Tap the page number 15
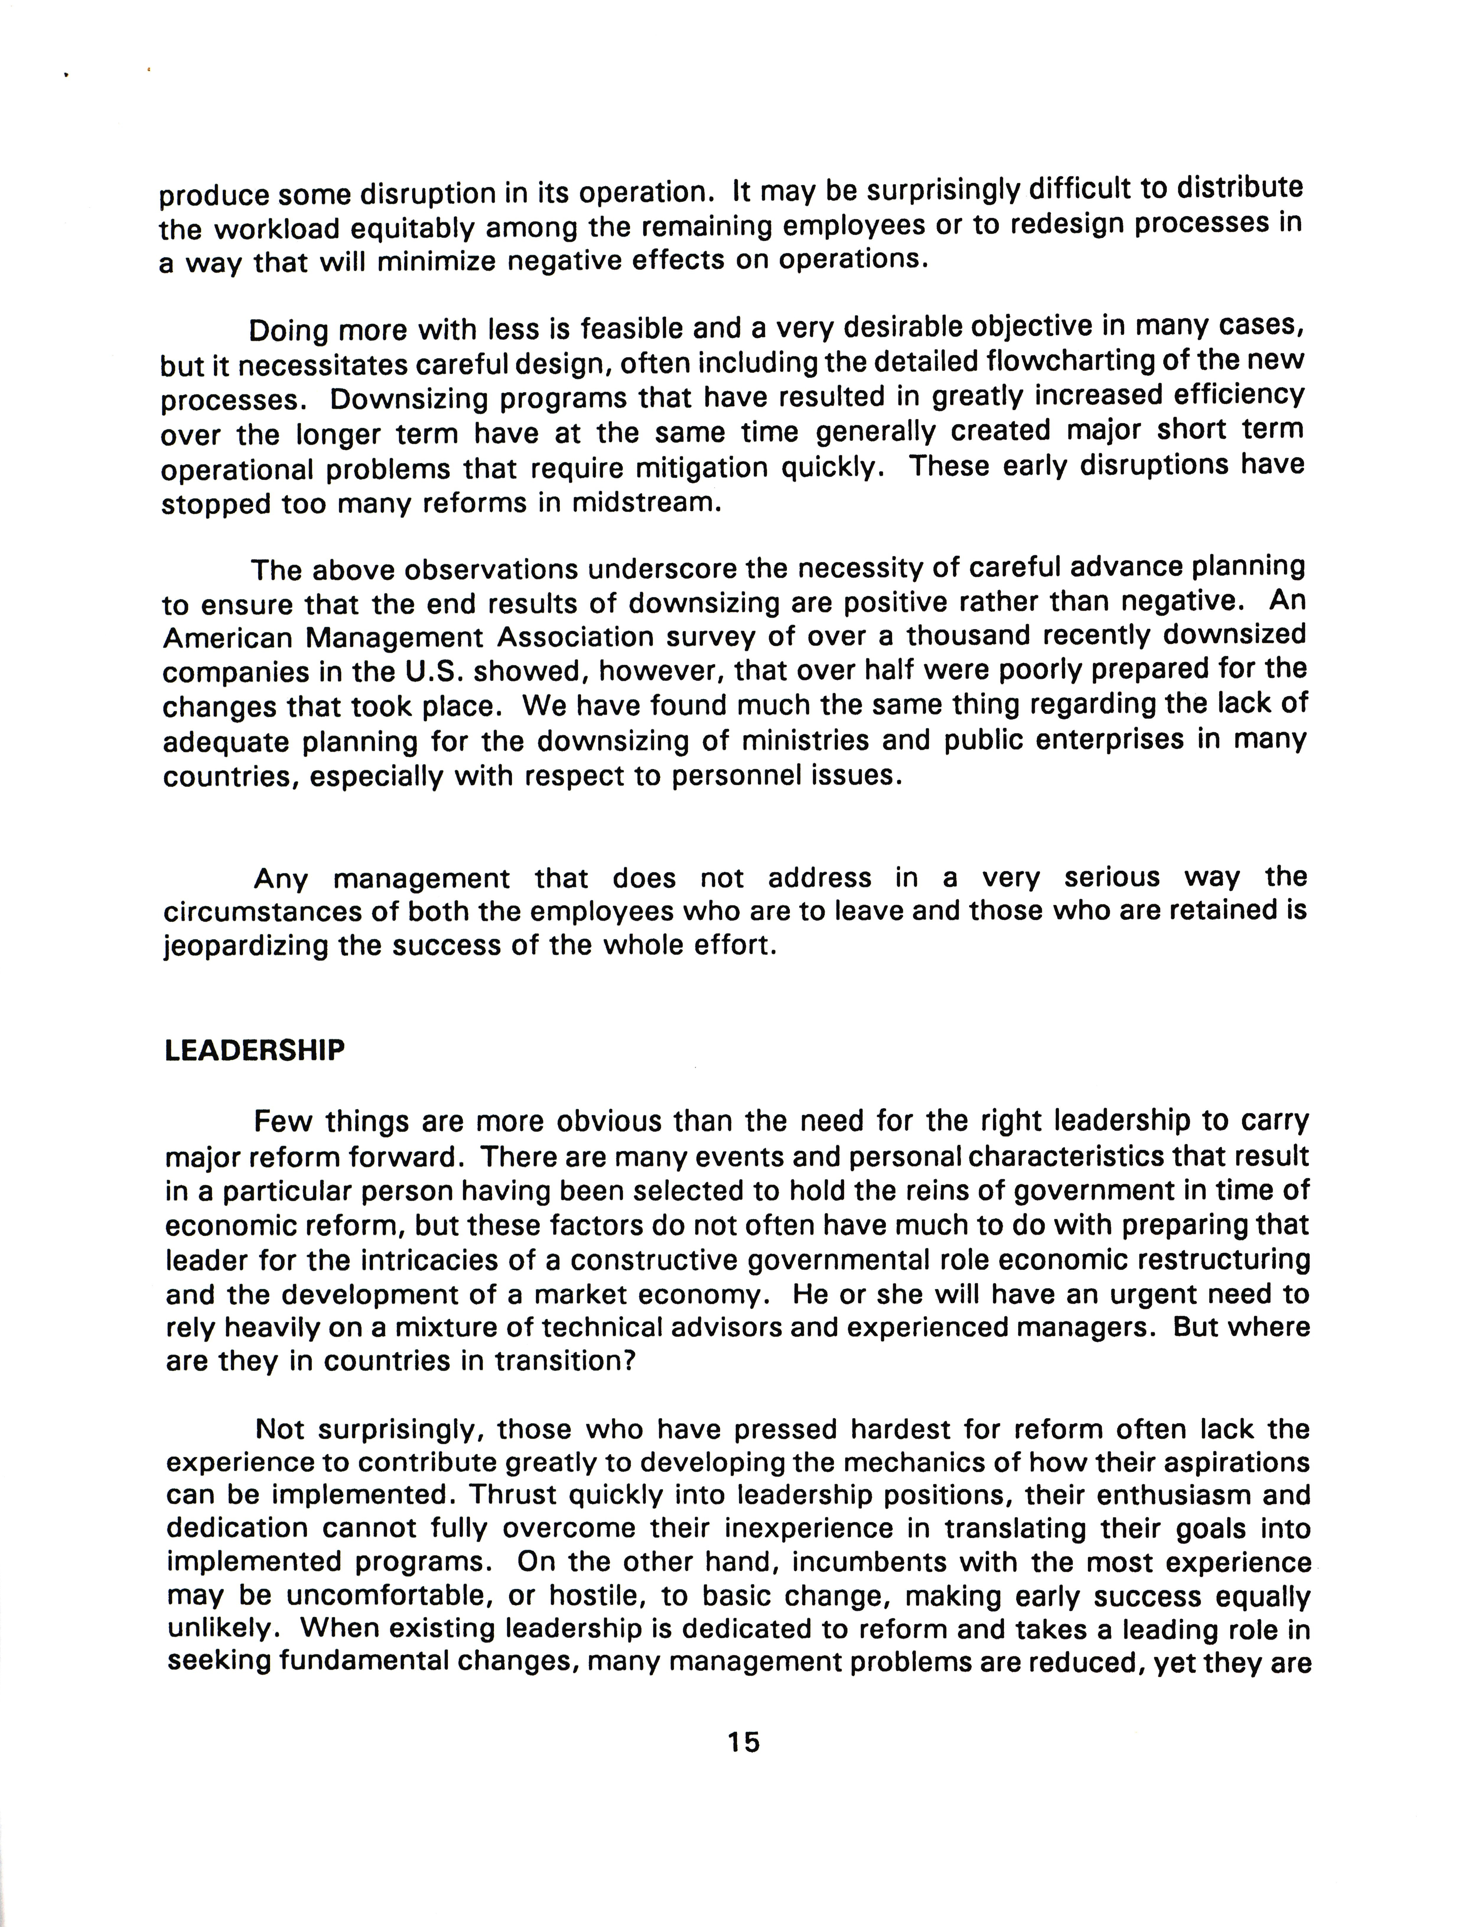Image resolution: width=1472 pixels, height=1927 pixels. [743, 1767]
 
